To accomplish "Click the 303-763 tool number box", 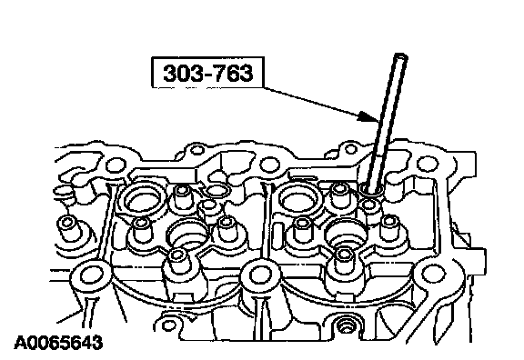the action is pos(207,73).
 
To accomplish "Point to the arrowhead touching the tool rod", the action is pos(369,116).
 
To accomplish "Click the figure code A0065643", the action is pos(58,343).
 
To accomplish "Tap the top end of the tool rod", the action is pos(400,55).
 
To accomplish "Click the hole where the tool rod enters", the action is pos(371,190).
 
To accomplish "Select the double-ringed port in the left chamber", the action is pos(143,200).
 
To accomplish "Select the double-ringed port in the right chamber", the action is pos(299,200).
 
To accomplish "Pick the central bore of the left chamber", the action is pos(187,235).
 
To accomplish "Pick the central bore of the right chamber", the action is pos(346,234).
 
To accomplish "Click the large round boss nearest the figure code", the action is pos(90,277).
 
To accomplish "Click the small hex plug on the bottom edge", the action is pos(345,325).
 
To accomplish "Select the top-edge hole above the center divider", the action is pos(269,164).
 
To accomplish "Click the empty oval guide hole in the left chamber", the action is pos(217,191).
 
